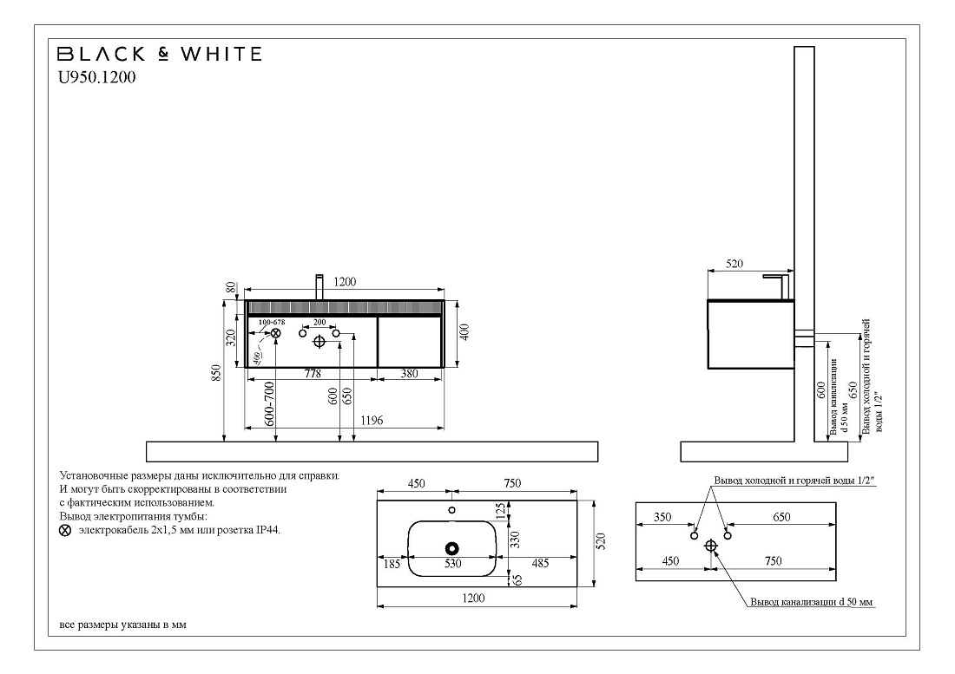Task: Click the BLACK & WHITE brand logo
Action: (x=160, y=54)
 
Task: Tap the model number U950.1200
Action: (x=97, y=77)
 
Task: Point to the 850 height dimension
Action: (x=216, y=373)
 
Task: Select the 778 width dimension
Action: (x=313, y=374)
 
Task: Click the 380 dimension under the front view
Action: (x=409, y=374)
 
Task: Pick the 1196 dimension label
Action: (x=372, y=421)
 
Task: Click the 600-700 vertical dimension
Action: (x=270, y=404)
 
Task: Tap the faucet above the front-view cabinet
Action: (x=319, y=288)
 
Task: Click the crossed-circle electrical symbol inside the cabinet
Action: (x=276, y=333)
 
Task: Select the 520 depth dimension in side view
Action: (x=734, y=264)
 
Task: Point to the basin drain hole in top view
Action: (x=452, y=548)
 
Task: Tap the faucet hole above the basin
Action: (x=451, y=510)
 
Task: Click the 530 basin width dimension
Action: (x=452, y=564)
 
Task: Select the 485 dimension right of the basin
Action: (x=540, y=563)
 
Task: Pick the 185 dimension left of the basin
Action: (x=392, y=564)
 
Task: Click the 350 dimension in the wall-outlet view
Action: (x=662, y=517)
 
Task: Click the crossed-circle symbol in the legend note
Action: (x=65, y=531)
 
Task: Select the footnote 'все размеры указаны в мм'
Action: (x=123, y=625)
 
